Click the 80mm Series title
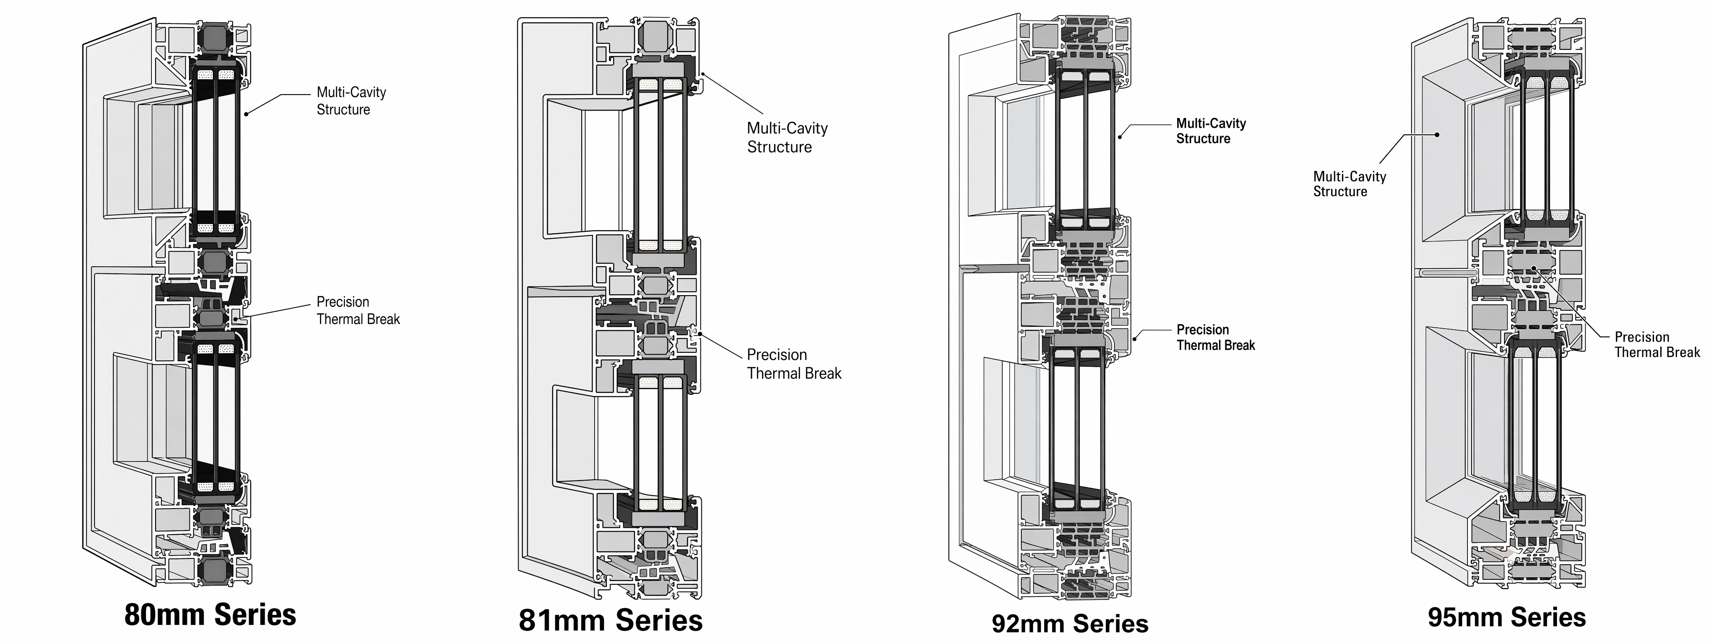210,615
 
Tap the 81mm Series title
611,620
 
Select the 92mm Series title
1070,624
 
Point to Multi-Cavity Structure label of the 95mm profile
1349,184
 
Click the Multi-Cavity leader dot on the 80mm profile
246,114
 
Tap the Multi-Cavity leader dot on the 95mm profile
1437,134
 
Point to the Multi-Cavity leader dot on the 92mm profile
1120,137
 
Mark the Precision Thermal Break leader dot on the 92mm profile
1135,338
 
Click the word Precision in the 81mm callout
777,355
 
